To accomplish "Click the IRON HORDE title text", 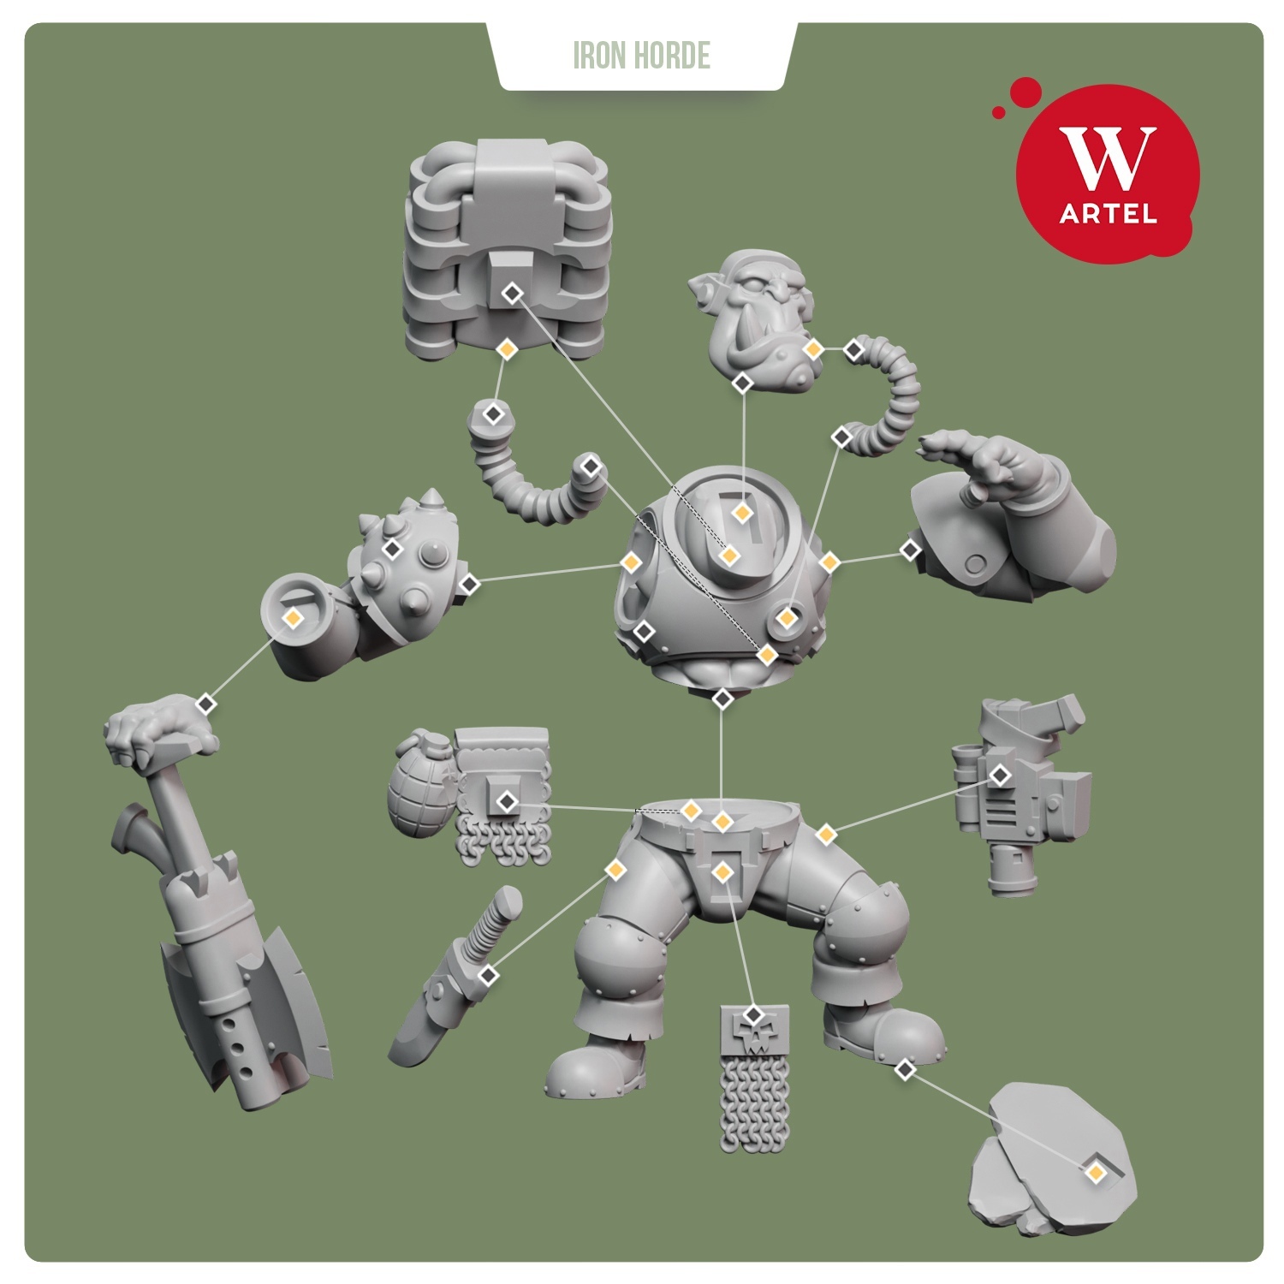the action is [641, 56].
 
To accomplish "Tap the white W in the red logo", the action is [1107, 158].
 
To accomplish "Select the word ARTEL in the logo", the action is [1108, 212].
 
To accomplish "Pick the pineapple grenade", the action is [421, 786].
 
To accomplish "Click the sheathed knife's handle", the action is [494, 913].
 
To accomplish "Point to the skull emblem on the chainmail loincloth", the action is [753, 1030].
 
